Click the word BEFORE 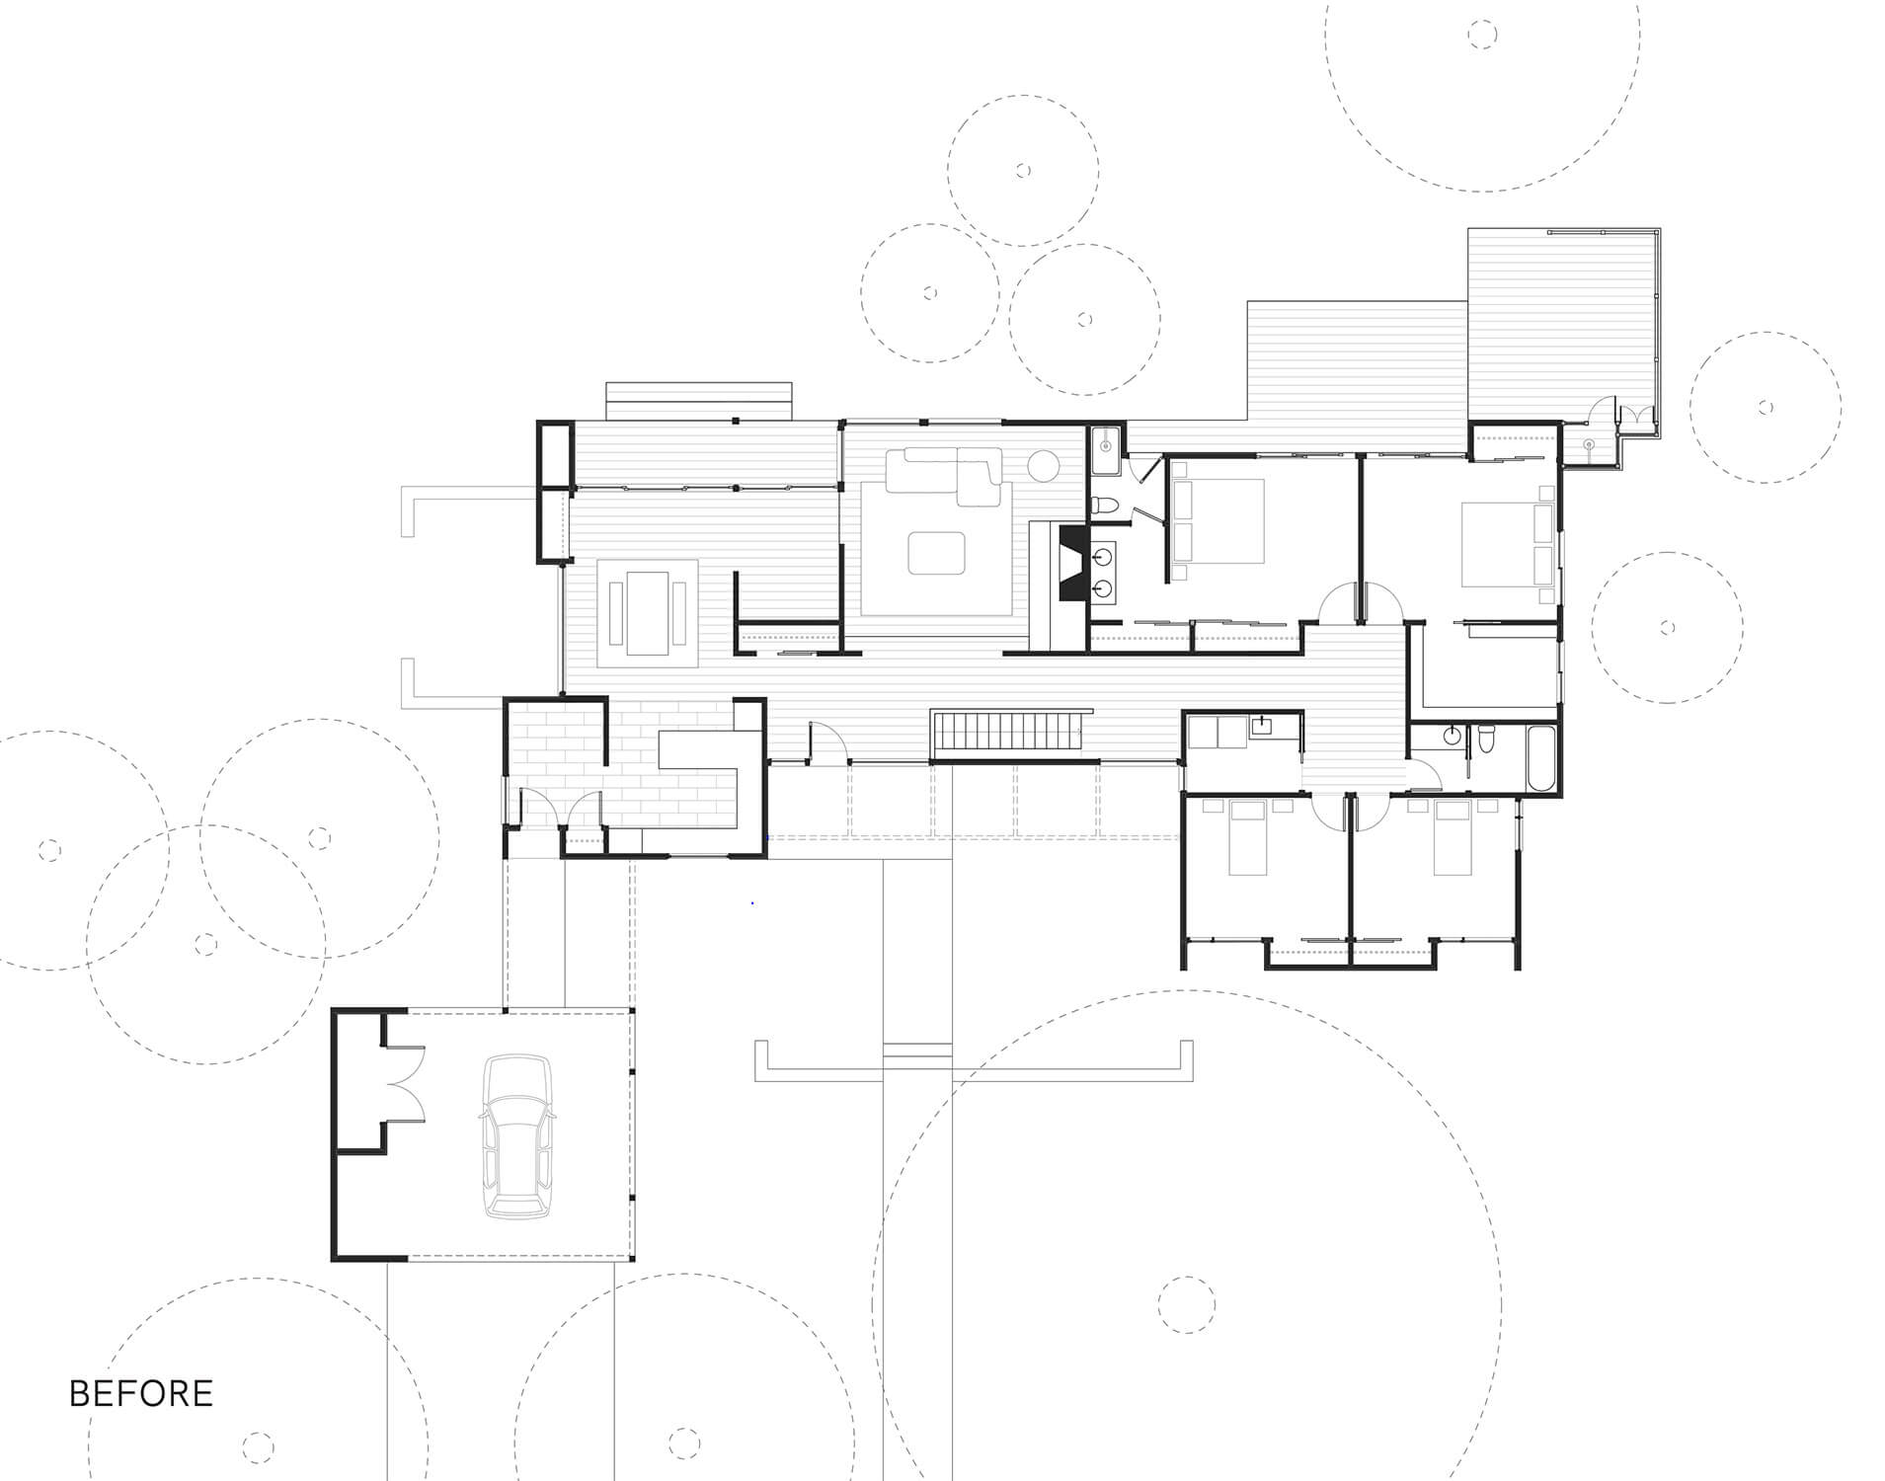tap(141, 1393)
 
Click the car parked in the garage tap(516, 1136)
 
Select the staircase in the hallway tap(1008, 734)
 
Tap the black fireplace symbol tap(1072, 563)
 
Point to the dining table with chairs tap(647, 613)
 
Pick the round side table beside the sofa tap(1044, 465)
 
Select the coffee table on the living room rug tap(937, 553)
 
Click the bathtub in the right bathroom tap(1540, 757)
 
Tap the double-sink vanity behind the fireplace tap(1102, 572)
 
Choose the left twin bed tap(1247, 837)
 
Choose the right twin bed tap(1453, 837)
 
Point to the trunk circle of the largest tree tap(1186, 1304)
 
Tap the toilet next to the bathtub tap(1486, 739)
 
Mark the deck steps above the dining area tap(699, 401)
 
